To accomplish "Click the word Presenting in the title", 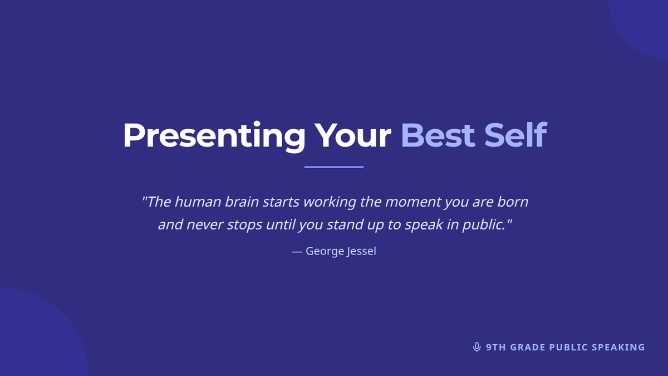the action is coord(214,136).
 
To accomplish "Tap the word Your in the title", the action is coord(352,135).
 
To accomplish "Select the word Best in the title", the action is coord(438,135).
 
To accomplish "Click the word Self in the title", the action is coord(515,135).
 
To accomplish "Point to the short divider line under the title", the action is coord(334,167).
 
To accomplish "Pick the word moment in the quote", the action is coord(413,202).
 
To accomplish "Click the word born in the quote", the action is coord(513,202).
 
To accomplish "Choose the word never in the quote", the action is coord(205,225).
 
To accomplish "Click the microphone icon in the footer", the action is coord(477,347).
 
